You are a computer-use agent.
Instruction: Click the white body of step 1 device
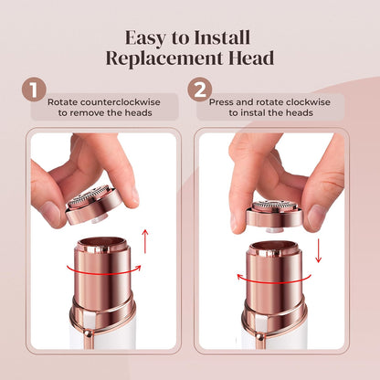[100, 338]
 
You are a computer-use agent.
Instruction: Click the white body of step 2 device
[274, 340]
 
